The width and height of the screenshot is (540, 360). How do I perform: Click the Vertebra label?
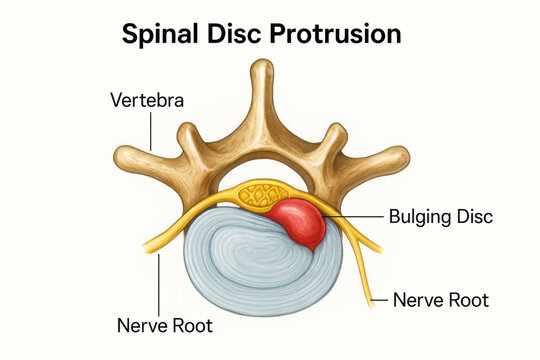(x=146, y=101)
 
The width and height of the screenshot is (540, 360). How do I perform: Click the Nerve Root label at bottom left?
(x=165, y=326)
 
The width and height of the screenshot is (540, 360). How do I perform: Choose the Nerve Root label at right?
(x=441, y=298)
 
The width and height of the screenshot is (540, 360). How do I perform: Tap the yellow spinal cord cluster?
(x=262, y=194)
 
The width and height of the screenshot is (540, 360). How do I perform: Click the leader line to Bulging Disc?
(x=355, y=216)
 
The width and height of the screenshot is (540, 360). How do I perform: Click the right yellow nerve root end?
(x=377, y=249)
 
